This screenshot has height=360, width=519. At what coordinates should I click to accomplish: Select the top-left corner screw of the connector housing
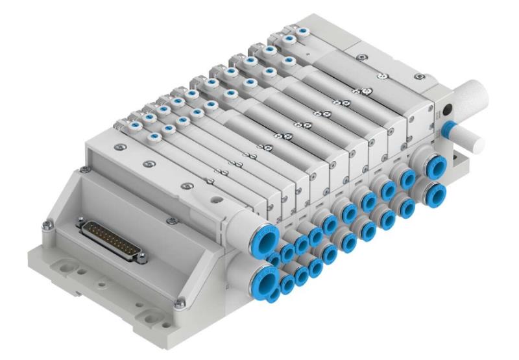click(x=82, y=171)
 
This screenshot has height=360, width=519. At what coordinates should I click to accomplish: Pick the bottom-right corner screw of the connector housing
click(x=180, y=300)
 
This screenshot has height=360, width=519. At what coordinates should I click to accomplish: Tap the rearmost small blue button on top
click(x=301, y=30)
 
